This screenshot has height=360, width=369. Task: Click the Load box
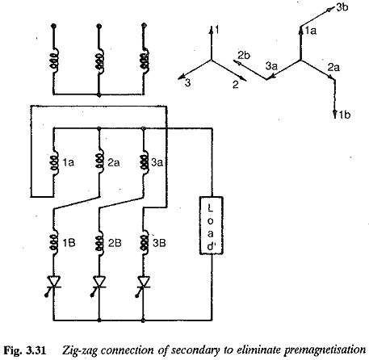[211, 225]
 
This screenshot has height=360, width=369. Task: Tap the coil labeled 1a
[54, 162]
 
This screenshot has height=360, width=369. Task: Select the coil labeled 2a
[99, 162]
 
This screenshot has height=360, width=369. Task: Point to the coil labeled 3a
[144, 162]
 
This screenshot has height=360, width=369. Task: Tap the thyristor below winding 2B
[99, 285]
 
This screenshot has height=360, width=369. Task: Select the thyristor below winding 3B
[143, 285]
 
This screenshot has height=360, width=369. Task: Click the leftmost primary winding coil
[54, 60]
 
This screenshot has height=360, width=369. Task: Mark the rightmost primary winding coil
[145, 60]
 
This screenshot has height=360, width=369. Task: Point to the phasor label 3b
[342, 7]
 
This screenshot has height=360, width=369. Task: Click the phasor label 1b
[345, 115]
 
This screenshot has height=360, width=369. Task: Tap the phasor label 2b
[244, 56]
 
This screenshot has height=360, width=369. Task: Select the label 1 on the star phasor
[217, 30]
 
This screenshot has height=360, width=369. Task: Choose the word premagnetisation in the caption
[325, 350]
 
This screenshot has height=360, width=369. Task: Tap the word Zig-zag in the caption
[79, 351]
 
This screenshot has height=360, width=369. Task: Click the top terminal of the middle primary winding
[99, 26]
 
